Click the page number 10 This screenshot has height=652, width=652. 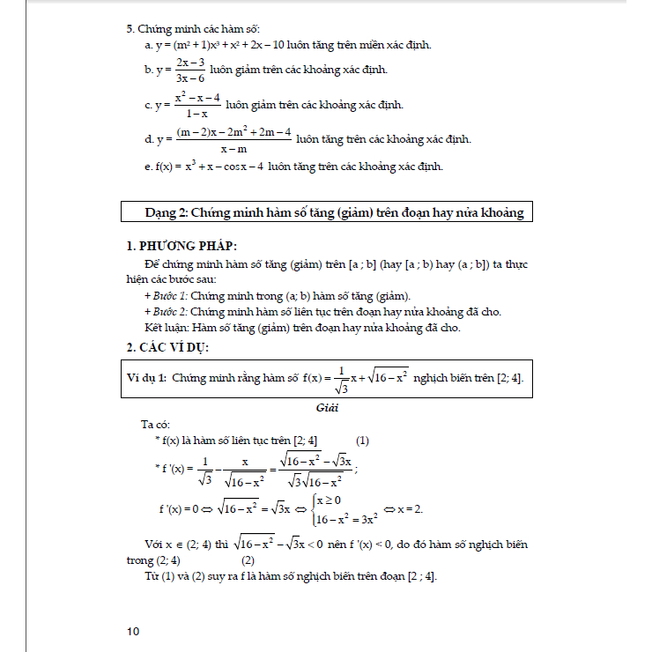tap(133, 631)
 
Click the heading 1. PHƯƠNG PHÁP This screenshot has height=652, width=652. tap(182, 245)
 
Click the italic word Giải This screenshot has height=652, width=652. tap(326, 408)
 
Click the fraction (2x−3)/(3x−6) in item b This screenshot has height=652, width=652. tap(190, 70)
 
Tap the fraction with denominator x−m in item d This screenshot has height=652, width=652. tap(233, 139)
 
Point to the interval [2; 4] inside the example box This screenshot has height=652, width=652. tap(509, 378)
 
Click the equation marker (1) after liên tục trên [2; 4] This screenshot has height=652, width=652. tap(362, 441)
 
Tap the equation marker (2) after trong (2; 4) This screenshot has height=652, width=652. tap(248, 559)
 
